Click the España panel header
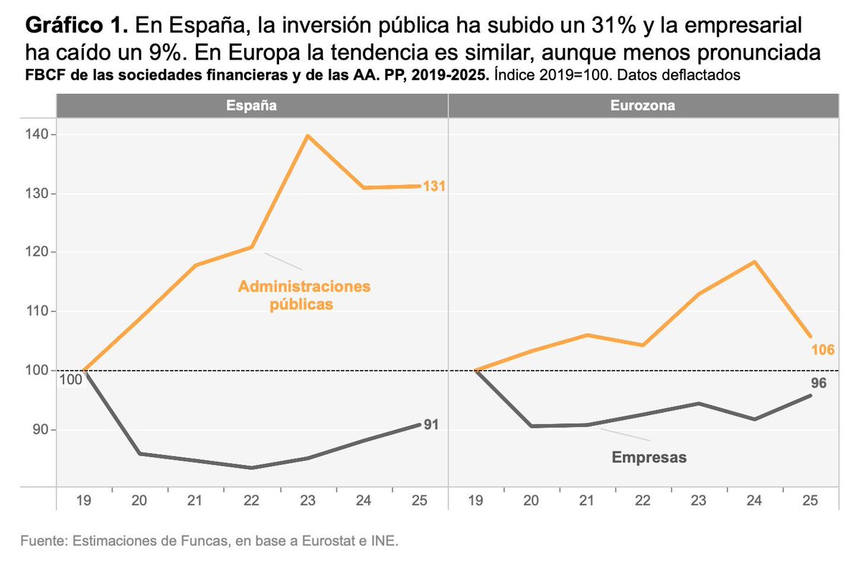click(252, 105)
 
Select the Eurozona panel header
click(643, 105)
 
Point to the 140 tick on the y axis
click(36, 135)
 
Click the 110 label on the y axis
click(36, 312)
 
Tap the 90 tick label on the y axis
click(39, 430)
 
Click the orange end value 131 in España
click(434, 186)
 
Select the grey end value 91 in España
click(430, 425)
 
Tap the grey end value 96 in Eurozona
click(819, 383)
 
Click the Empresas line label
click(649, 457)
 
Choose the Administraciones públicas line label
click(304, 295)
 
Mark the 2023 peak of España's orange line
click(308, 135)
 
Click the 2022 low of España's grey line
click(252, 467)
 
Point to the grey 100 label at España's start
click(70, 379)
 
